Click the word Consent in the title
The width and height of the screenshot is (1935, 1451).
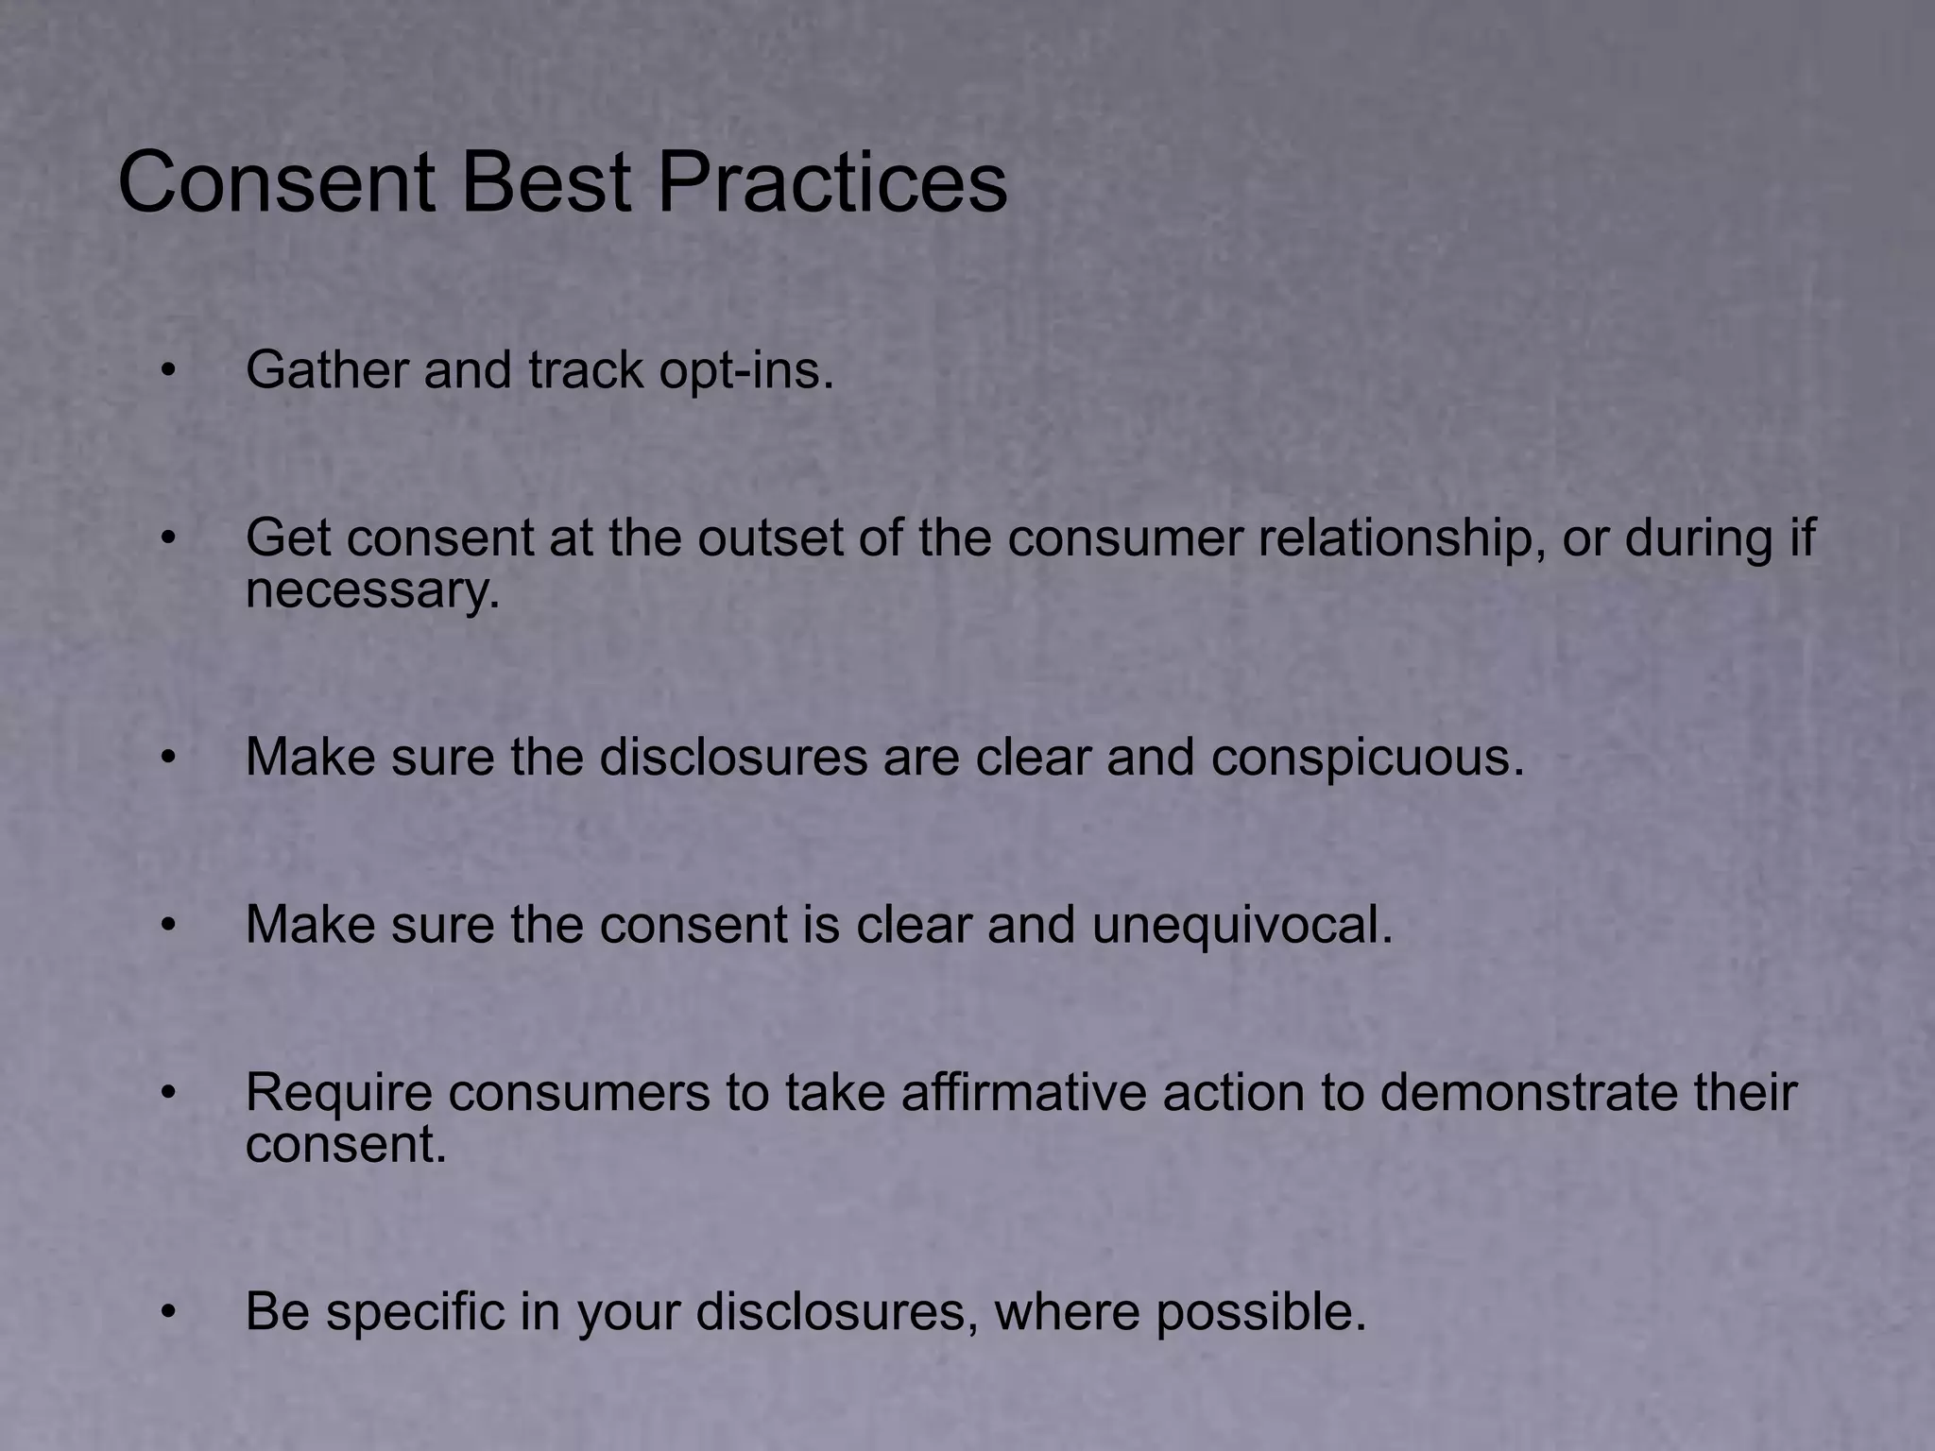pos(276,182)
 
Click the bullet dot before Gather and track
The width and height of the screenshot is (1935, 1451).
pos(168,370)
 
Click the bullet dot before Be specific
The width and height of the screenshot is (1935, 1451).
pos(168,1313)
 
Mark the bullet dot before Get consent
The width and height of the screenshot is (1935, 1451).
pos(168,538)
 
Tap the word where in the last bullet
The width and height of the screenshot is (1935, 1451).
pos(1066,1312)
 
